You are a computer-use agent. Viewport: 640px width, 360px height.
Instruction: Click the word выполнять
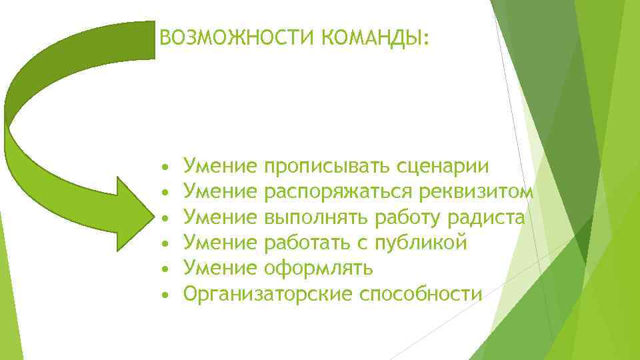pos(316,217)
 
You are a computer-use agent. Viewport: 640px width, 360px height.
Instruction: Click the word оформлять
pos(319,268)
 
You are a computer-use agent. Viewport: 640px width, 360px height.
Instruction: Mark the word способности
pos(419,293)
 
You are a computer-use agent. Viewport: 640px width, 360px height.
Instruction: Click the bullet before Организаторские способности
pos(164,293)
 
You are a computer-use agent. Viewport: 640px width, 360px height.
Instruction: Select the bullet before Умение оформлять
pos(164,268)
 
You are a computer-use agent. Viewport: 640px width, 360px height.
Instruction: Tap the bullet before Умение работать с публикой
pos(164,243)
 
